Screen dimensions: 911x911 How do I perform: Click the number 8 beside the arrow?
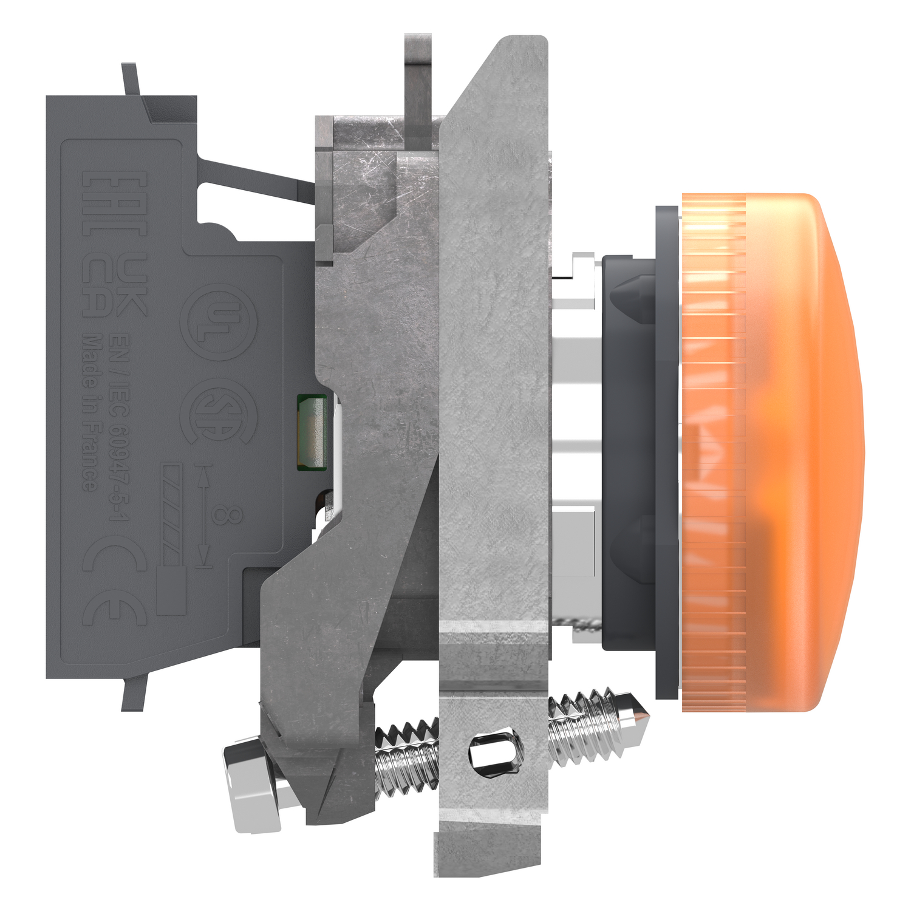227,516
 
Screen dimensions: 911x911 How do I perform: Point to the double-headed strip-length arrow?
205,516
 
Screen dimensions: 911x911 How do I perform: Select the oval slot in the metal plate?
496,754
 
